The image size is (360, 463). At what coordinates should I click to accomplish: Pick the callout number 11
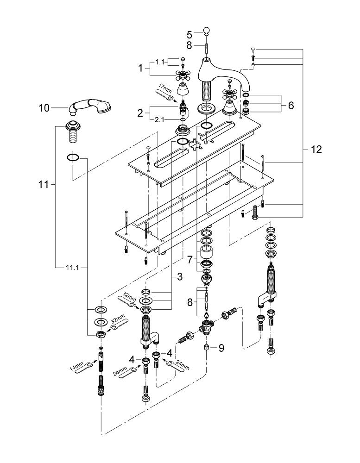tap(43, 184)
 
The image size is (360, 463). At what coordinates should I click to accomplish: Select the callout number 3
tap(179, 276)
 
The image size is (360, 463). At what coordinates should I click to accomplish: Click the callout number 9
tap(221, 347)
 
